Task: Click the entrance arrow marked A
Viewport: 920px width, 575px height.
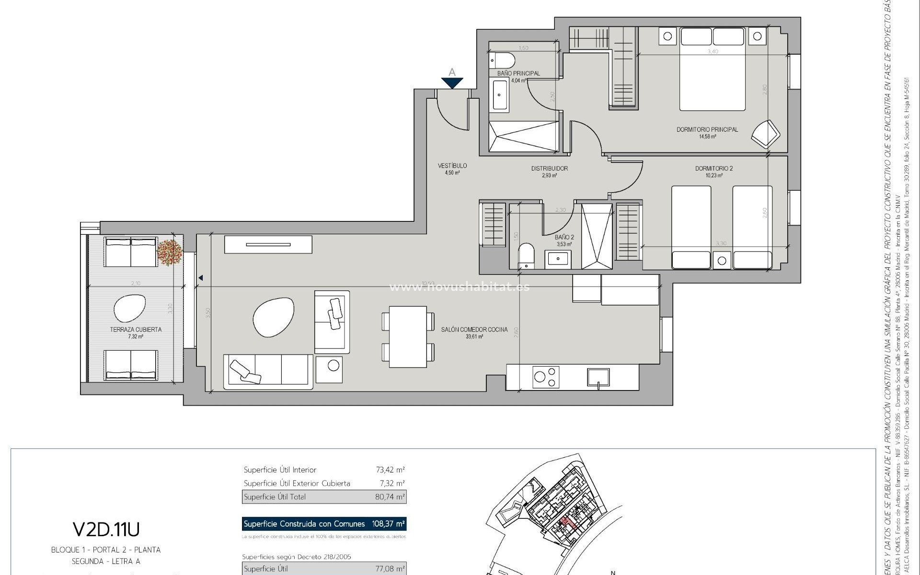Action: pos(452,82)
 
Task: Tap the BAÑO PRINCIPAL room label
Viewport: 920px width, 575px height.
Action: pos(518,73)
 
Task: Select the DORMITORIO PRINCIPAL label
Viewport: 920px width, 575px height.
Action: pos(707,129)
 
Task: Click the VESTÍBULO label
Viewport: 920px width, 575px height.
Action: pos(452,166)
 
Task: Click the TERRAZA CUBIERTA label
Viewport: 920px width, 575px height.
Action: pos(136,330)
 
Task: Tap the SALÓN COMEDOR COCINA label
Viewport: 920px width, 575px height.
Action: pos(474,330)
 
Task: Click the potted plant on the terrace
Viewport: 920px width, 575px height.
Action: pos(169,252)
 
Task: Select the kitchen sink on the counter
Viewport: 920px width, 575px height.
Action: pos(598,377)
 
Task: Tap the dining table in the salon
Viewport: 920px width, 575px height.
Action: pos(408,336)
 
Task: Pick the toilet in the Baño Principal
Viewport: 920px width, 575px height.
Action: pos(502,61)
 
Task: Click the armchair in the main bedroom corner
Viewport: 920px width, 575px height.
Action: pos(765,134)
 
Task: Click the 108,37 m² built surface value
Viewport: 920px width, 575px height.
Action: pos(389,524)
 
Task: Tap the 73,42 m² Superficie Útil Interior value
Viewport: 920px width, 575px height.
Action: pos(390,470)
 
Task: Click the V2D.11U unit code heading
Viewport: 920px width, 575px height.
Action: pos(106,529)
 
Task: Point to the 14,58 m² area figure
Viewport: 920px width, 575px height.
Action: pos(707,137)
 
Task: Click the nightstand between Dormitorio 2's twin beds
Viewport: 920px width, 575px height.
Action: pos(722,261)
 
